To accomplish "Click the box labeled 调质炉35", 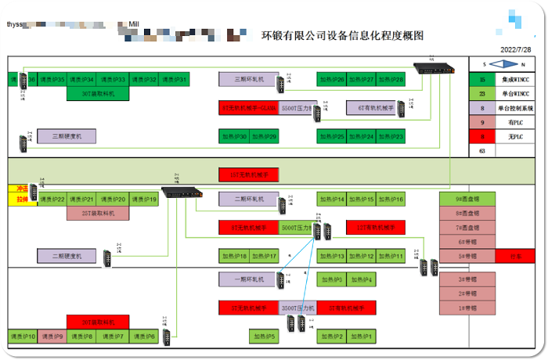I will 52,79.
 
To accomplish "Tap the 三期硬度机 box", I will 67,136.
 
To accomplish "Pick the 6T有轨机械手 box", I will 372,108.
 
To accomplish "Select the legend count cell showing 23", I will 482,94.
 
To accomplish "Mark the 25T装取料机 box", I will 98,212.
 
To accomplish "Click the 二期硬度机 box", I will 67,255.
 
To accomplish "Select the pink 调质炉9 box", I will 52,337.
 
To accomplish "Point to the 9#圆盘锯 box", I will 467,199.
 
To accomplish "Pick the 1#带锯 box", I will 467,308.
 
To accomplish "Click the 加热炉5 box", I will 265,337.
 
